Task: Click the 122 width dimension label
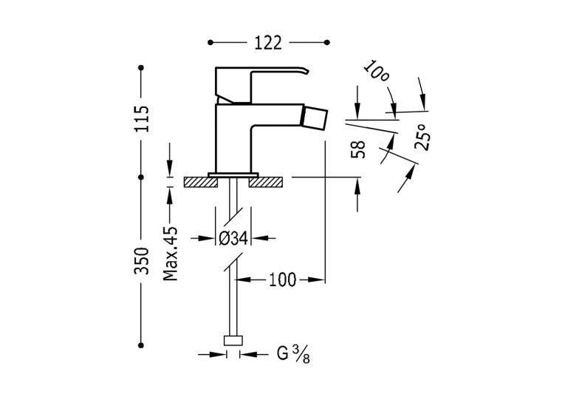click(x=268, y=43)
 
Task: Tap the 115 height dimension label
click(x=141, y=119)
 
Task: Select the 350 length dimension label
click(x=141, y=261)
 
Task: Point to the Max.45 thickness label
click(x=171, y=254)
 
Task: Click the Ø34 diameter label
click(x=233, y=238)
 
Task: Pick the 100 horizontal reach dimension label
click(x=283, y=280)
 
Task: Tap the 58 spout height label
click(x=358, y=149)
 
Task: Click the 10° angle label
click(x=376, y=71)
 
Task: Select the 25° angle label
click(x=422, y=137)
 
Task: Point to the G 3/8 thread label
click(x=293, y=354)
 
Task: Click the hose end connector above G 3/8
click(x=233, y=341)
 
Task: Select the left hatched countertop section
click(x=201, y=182)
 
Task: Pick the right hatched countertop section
click(x=266, y=182)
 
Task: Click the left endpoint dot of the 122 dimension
click(x=210, y=43)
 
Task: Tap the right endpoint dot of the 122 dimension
click(x=327, y=43)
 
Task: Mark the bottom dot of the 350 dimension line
click(x=141, y=345)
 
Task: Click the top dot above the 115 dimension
click(x=141, y=67)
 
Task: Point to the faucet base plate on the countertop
click(x=233, y=175)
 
